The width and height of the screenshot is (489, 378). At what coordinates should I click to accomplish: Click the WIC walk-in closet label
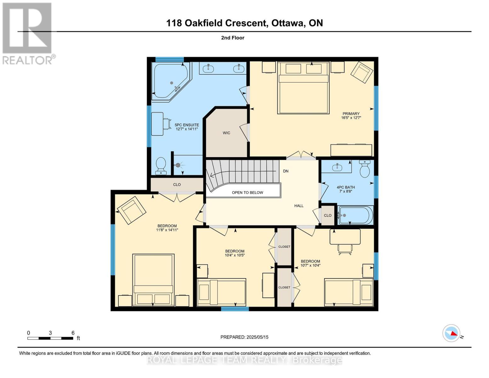226,133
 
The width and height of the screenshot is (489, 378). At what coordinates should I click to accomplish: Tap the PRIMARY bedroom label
351,114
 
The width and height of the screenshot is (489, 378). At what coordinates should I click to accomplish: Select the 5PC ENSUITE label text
187,125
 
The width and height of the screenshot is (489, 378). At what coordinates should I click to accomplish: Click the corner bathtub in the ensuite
170,81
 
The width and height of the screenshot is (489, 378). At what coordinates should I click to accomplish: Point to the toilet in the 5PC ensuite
161,166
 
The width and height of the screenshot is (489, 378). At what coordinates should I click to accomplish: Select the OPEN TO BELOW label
247,192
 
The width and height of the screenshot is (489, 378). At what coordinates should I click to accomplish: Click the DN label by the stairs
286,171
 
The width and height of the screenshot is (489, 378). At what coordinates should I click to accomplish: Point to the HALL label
299,206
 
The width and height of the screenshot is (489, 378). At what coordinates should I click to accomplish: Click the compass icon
451,333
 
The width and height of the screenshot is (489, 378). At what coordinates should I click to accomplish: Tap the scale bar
50,338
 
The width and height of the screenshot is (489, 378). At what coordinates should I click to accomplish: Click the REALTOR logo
28,33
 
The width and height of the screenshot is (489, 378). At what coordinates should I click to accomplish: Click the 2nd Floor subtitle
233,38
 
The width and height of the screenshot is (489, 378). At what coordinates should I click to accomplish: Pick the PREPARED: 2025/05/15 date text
244,337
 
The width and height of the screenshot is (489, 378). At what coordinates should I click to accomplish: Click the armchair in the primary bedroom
362,72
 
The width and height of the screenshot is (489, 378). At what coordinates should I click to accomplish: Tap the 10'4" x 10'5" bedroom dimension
235,255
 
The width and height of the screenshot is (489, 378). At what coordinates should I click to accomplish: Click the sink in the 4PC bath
337,167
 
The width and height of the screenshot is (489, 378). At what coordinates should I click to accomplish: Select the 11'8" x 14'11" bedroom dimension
167,230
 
